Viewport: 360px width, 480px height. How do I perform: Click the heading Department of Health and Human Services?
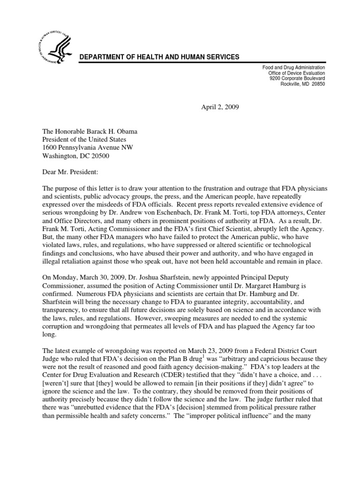(x=159, y=57)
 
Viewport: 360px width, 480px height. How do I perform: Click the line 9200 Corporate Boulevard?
(x=296, y=79)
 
